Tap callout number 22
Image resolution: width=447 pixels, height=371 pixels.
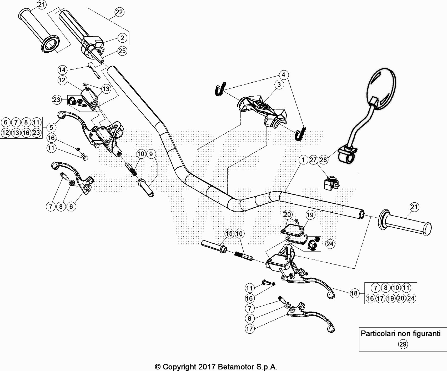tap(119, 12)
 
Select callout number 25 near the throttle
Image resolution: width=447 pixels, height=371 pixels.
tap(122, 51)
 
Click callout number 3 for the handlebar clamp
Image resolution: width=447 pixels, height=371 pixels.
tap(279, 84)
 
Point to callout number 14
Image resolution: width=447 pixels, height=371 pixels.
tap(62, 70)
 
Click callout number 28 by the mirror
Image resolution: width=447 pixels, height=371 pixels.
tap(323, 159)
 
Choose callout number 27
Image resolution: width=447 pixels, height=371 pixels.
tap(313, 159)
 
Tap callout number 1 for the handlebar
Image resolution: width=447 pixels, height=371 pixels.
tap(303, 159)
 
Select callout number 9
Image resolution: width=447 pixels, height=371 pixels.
tap(151, 154)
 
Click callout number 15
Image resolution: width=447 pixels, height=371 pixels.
tap(229, 233)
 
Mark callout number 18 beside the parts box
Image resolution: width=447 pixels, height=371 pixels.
tap(354, 293)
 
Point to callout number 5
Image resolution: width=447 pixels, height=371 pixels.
tap(51, 128)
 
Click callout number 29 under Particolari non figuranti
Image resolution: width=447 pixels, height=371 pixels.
tap(403, 344)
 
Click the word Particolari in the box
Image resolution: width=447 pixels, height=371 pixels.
tap(378, 334)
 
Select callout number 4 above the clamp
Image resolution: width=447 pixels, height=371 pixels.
tap(283, 75)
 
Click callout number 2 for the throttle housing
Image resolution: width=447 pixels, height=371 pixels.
tap(122, 38)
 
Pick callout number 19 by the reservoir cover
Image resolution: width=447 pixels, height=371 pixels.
tap(310, 215)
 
